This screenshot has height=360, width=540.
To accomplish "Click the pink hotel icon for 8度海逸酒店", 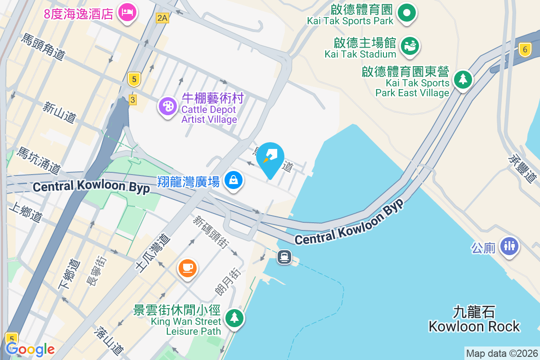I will point(127,12).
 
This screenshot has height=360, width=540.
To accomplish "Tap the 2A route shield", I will point(162,18).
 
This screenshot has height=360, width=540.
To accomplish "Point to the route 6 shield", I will point(524,49).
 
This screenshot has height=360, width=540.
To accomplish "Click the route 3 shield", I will point(132,99).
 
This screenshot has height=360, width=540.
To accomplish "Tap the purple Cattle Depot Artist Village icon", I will point(167,107).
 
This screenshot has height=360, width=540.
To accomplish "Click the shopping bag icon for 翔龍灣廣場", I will point(234,180).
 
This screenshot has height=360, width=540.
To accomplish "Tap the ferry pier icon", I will point(284,257).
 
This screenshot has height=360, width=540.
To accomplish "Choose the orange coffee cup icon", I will point(187,268).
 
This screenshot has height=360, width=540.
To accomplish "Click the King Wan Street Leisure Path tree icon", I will point(234,318).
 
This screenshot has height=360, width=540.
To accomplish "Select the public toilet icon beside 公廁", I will point(509,245).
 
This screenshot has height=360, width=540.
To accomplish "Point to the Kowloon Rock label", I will point(474,319).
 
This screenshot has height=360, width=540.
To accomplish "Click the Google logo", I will point(30,349).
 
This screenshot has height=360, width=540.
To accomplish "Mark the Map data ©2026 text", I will point(502,354).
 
